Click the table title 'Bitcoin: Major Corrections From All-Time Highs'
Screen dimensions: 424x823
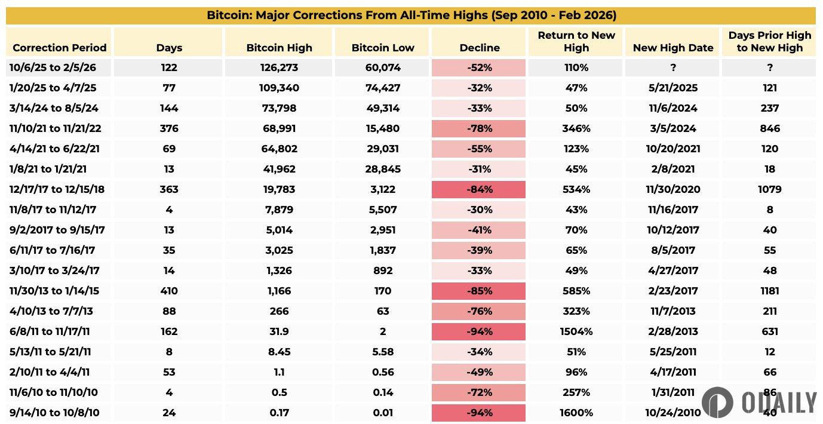[x=411, y=15]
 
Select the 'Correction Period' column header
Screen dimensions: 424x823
[x=59, y=48]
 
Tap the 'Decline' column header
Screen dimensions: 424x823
[x=480, y=48]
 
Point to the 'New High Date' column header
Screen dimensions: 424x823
[x=672, y=48]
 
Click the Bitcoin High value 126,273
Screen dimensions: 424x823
[x=278, y=68]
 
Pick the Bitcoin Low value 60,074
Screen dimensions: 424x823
[x=382, y=68]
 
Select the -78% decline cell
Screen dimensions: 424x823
[x=480, y=129]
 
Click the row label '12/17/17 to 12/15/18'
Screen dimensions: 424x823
[x=57, y=190]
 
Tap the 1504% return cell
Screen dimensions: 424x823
[x=576, y=332]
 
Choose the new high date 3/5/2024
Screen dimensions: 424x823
[x=672, y=129]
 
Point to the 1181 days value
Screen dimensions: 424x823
[x=770, y=291]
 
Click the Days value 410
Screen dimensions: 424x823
[x=169, y=291]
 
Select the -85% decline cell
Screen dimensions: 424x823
[x=480, y=291]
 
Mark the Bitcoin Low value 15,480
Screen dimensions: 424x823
[x=382, y=129]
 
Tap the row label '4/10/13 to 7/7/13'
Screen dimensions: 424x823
[x=51, y=312]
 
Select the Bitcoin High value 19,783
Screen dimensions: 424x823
[x=278, y=190]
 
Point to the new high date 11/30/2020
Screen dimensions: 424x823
[x=672, y=190]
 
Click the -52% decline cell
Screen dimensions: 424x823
[x=480, y=68]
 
